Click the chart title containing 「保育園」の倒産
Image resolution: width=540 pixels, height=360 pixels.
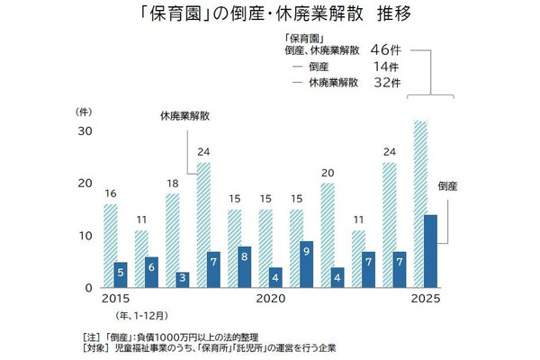pos(270,17)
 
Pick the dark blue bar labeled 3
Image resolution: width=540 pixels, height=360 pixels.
pos(183,279)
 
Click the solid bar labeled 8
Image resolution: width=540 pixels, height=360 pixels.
pos(246,266)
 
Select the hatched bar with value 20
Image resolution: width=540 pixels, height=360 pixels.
pos(327,235)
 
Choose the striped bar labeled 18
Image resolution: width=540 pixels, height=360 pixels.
pos(173,239)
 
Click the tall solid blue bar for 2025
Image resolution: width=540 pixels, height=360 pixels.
pos(431,250)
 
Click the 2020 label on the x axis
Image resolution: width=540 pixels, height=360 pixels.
pos(273,298)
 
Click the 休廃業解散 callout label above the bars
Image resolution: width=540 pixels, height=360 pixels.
pos(184,116)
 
